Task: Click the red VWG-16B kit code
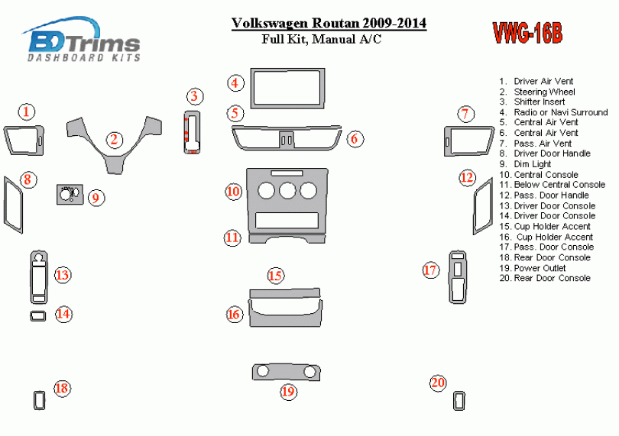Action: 527,32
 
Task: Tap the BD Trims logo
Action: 81,40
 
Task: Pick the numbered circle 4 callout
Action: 235,83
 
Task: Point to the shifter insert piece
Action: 192,132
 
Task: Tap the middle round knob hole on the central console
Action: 287,191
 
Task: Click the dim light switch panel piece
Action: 70,194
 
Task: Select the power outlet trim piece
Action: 287,372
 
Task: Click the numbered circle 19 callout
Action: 288,392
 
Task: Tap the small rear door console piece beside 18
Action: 39,400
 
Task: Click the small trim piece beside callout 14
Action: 38,315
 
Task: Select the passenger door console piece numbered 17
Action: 457,276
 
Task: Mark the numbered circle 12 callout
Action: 467,178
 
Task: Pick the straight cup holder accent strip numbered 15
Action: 284,293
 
